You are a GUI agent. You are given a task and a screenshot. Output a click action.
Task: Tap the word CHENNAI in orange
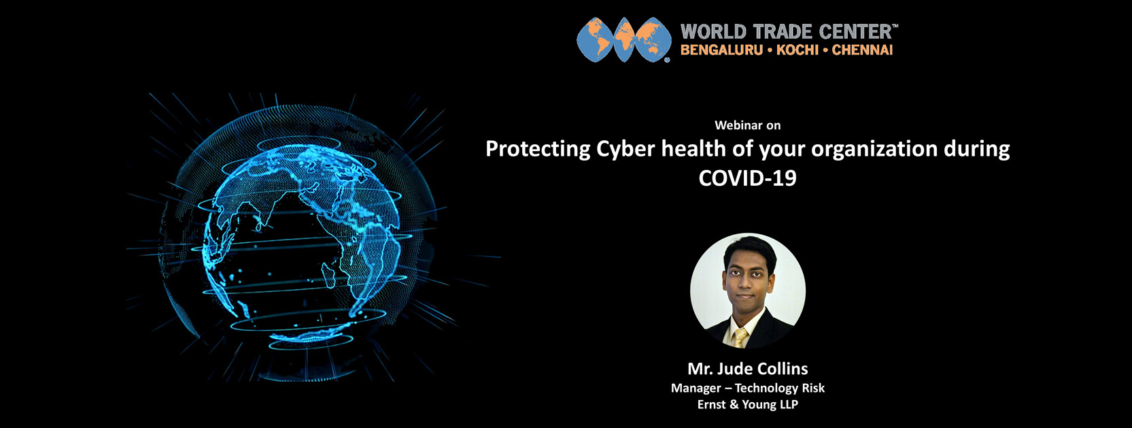point(862,50)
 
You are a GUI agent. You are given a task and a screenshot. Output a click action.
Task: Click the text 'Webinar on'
point(747,125)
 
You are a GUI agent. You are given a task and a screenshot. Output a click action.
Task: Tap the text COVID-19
point(747,178)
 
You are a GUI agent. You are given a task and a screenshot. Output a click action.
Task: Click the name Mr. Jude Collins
point(747,369)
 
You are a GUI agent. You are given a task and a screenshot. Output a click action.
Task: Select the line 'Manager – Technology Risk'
point(747,388)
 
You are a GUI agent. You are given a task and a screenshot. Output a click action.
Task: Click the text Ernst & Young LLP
point(747,404)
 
